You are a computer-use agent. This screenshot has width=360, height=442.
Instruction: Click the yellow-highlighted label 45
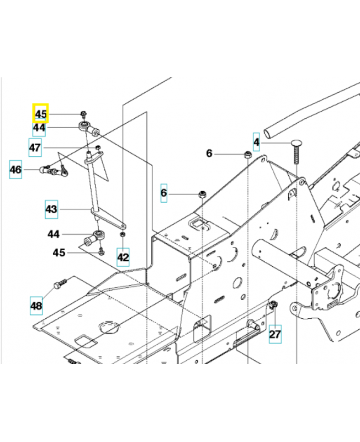pos(41,114)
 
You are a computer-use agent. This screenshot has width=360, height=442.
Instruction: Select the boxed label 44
pos(39,128)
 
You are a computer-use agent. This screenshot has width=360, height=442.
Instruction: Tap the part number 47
pos(35,148)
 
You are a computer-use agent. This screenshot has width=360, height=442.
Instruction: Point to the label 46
pos(16,170)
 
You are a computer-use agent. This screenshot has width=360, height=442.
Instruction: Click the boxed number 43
pos(51,209)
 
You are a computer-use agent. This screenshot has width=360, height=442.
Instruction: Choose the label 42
pos(123,257)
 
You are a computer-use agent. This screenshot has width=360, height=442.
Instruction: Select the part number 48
pos(36,305)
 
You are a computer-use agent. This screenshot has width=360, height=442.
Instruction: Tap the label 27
pos(275,334)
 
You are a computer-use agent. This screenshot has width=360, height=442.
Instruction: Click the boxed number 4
pos(256,142)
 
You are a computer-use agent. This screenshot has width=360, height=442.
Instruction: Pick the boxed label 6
pos(163,193)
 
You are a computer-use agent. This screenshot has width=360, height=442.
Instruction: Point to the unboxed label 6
pos(209,153)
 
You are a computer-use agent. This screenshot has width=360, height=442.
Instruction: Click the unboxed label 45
pos(59,252)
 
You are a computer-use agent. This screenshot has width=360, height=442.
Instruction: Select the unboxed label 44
pos(53,234)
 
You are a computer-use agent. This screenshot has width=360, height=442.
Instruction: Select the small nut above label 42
pos(121,236)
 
